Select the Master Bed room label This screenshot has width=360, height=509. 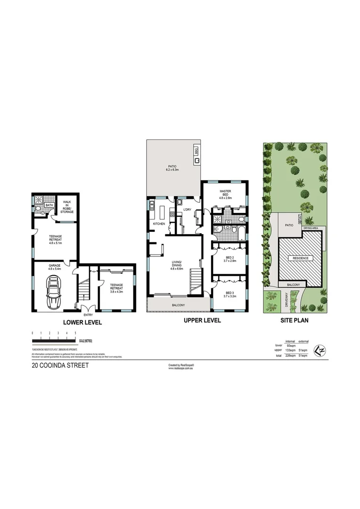224,194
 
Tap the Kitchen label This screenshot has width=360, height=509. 158,223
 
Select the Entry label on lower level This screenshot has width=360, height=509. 88,315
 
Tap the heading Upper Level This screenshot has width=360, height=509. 199,320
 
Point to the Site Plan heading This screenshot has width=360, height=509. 295,320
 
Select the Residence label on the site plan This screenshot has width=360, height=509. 301,258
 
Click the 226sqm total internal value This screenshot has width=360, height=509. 291,355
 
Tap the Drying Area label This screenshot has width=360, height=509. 311,228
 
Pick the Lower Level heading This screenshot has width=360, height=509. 83,323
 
